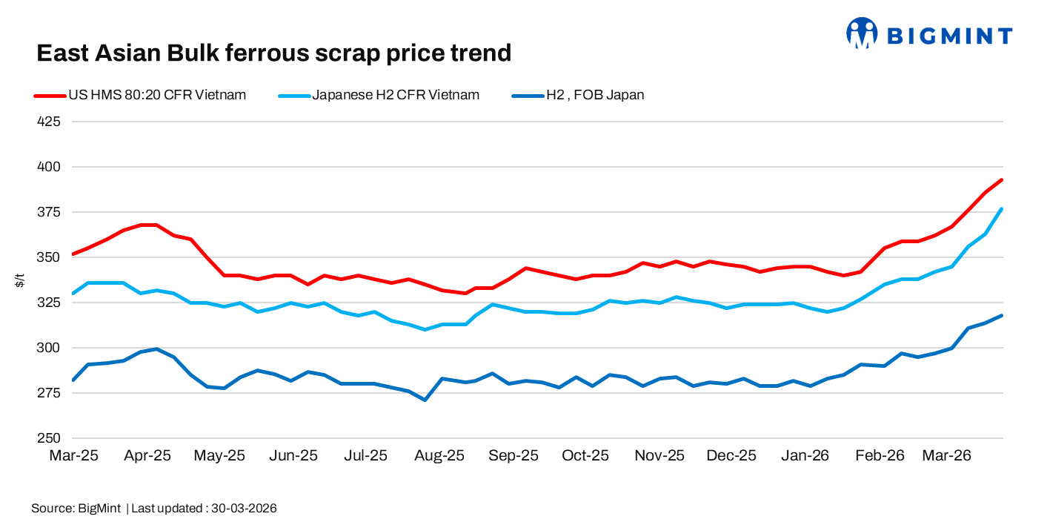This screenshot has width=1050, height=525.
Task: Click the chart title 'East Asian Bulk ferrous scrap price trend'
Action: [x=274, y=53]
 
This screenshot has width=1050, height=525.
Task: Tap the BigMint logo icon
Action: [x=861, y=33]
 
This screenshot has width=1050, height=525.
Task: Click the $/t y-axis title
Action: [x=20, y=280]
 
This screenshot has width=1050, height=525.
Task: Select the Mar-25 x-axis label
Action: [x=73, y=456]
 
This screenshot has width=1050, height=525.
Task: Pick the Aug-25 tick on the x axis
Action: [x=440, y=456]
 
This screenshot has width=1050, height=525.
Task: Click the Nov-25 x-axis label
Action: [x=659, y=456]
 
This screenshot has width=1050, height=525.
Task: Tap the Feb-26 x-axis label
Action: [x=880, y=456]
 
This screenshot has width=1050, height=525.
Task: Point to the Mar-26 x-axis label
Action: [x=946, y=456]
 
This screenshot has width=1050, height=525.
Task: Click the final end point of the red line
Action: [x=1002, y=180]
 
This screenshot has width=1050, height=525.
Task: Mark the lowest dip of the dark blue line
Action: [x=425, y=400]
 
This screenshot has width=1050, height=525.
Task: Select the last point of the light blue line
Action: [x=1002, y=209]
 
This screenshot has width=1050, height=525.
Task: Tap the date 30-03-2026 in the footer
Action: [x=244, y=509]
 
